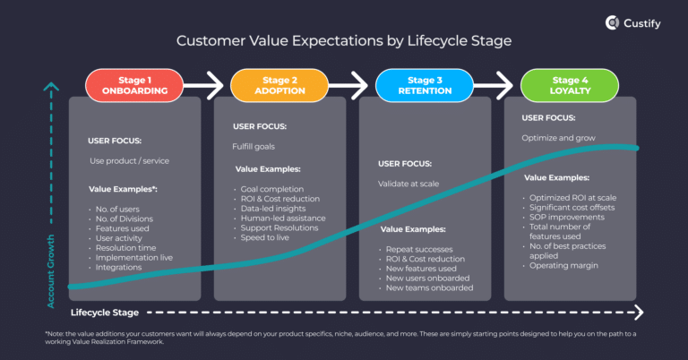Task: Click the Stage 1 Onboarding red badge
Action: click(128, 84)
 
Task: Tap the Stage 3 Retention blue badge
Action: click(419, 84)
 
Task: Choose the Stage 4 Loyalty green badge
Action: click(565, 84)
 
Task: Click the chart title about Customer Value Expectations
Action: click(343, 41)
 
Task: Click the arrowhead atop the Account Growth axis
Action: click(53, 89)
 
